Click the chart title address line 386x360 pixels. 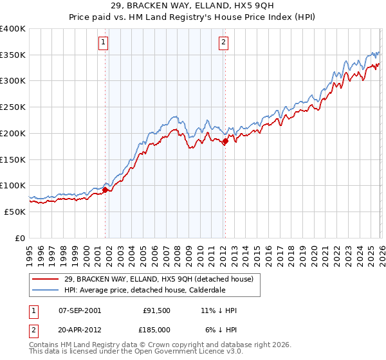tap(192, 6)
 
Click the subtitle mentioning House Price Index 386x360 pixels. tap(192, 17)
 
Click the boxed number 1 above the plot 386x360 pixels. tap(104, 43)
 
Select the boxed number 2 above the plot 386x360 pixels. tap(223, 43)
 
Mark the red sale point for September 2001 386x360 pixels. tap(105, 190)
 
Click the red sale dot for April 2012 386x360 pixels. tap(225, 141)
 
